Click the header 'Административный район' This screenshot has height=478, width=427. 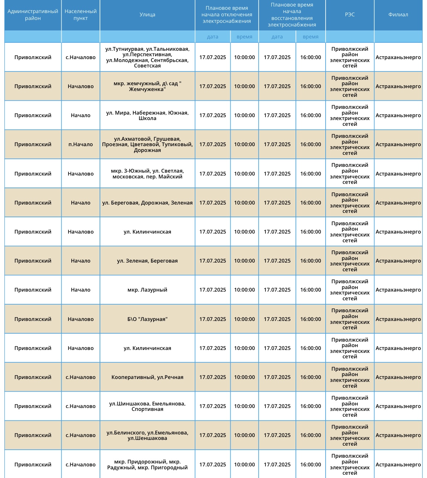[x=33, y=15]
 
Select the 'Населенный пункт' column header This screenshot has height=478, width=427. [x=80, y=15]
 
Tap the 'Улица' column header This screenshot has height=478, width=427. [x=147, y=15]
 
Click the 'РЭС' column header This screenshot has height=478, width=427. [x=349, y=15]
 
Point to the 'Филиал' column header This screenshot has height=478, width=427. [x=398, y=15]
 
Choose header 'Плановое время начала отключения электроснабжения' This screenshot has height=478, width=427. [x=227, y=15]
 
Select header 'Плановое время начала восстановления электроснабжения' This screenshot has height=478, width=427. [x=292, y=15]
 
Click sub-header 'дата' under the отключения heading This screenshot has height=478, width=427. [x=213, y=37]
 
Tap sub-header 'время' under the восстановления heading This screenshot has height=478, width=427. [x=310, y=37]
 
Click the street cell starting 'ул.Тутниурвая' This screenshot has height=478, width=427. [x=147, y=57]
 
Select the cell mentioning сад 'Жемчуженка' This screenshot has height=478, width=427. [x=147, y=86]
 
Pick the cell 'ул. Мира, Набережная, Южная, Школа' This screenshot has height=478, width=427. [x=147, y=115]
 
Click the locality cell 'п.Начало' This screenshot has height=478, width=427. [x=80, y=144]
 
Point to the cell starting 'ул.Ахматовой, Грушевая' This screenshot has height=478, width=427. [x=147, y=144]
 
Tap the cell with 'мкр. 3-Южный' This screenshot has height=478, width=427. [x=147, y=174]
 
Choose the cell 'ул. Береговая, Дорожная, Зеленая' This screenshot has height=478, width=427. [x=147, y=203]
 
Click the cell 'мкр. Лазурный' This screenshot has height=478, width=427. [x=147, y=290]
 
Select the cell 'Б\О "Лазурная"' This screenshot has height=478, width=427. [x=147, y=319]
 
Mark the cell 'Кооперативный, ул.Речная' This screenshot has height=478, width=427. [x=147, y=377]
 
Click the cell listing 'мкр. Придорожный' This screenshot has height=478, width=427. [x=147, y=465]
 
